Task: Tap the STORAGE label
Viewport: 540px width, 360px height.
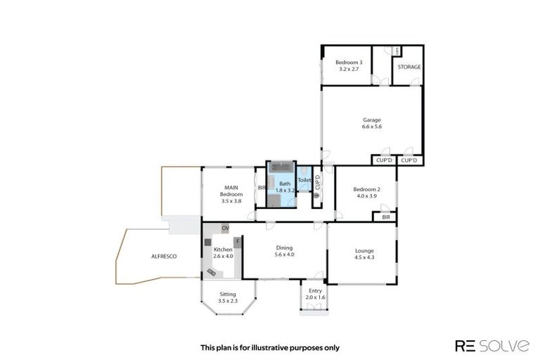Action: click(409, 67)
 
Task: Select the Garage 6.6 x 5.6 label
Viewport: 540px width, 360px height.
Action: click(371, 123)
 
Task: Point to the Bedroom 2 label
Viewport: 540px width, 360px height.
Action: click(366, 192)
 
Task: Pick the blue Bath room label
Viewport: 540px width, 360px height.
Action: click(281, 187)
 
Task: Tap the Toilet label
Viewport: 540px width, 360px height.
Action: click(304, 181)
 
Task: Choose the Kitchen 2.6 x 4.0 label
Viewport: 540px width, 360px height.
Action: click(223, 253)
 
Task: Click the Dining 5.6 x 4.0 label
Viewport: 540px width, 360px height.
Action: click(284, 251)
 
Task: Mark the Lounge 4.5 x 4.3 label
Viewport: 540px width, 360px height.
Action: click(364, 254)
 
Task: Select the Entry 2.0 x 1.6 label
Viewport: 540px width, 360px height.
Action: click(315, 294)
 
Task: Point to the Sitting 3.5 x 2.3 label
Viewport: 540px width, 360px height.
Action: click(227, 297)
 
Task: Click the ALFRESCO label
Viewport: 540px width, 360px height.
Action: click(164, 257)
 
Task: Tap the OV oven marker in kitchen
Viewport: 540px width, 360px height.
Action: click(225, 229)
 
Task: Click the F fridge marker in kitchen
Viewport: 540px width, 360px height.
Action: click(238, 241)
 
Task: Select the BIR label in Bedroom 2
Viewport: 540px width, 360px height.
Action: click(385, 218)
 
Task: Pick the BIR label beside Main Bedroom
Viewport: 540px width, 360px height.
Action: click(261, 188)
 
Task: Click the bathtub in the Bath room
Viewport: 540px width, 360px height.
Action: click(281, 168)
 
